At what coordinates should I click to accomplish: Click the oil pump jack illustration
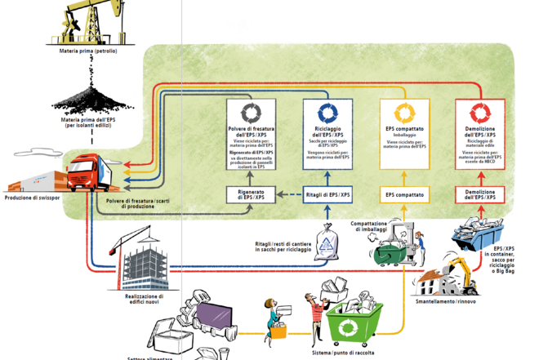85,24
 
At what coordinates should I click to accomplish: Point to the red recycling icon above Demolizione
479,113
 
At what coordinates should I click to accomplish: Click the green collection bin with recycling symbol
354,322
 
